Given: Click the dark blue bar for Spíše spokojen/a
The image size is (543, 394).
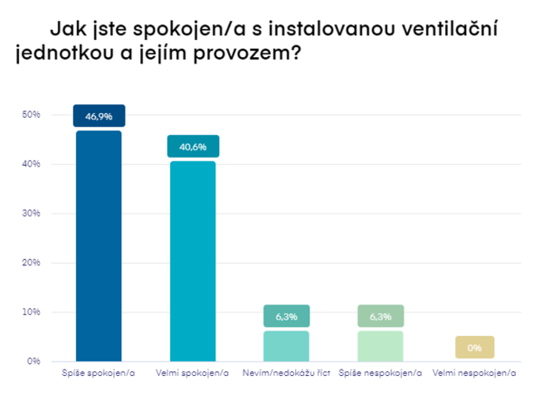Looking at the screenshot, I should (x=99, y=246).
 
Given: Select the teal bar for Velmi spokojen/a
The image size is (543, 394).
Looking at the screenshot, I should (x=193, y=261).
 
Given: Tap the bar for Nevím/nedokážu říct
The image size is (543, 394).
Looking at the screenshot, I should (x=287, y=346).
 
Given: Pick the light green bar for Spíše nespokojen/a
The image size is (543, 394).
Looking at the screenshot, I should (x=381, y=346).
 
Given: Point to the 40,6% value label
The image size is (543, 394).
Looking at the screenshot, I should (x=193, y=147).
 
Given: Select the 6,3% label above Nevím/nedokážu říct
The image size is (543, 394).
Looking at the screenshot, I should (x=287, y=316).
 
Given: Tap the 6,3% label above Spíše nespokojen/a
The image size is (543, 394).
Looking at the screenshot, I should (x=381, y=316).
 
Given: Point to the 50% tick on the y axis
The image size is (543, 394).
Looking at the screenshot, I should (x=32, y=115).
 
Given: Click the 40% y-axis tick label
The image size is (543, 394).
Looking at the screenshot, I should (x=32, y=164).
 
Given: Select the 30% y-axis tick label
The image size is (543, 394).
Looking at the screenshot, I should (x=32, y=214).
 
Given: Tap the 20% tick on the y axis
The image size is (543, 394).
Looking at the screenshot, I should (x=32, y=263).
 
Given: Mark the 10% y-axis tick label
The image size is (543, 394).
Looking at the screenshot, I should (x=32, y=312).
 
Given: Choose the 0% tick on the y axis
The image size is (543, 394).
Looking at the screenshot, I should (x=34, y=361).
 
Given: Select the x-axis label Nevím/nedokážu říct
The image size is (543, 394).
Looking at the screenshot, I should (x=287, y=373).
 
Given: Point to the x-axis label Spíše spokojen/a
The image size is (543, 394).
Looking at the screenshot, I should (x=99, y=373).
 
